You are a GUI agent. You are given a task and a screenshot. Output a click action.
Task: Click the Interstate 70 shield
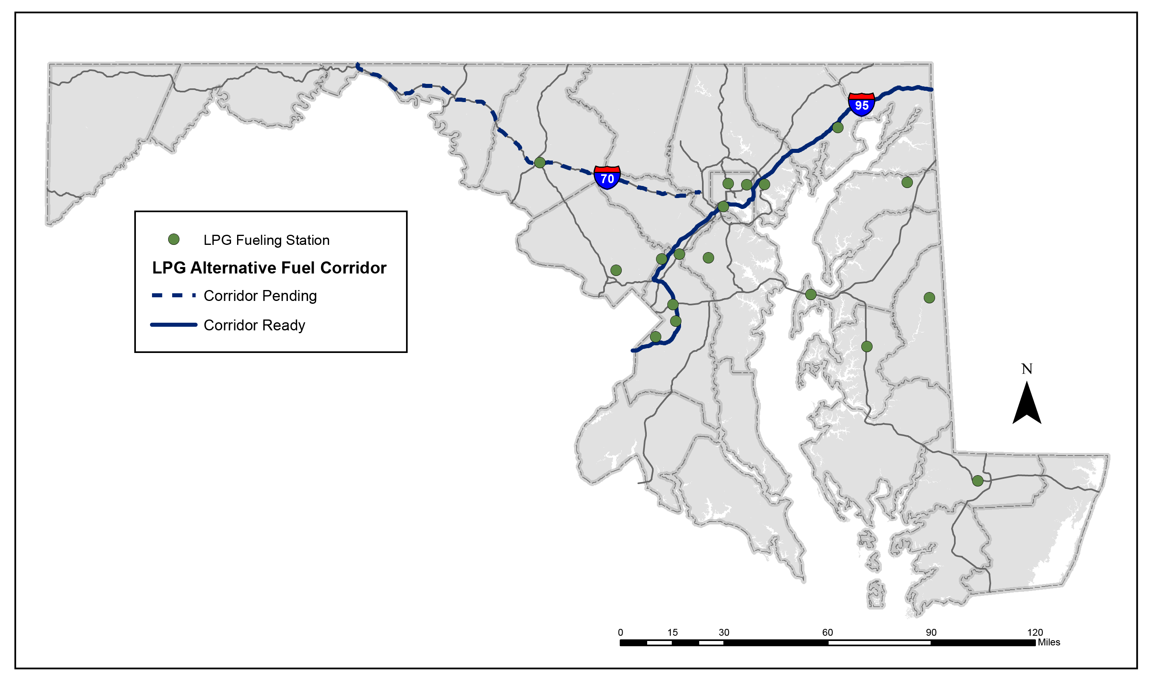[607, 177]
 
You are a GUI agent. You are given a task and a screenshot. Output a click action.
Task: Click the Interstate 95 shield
[861, 104]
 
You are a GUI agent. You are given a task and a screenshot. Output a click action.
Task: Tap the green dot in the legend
[174, 239]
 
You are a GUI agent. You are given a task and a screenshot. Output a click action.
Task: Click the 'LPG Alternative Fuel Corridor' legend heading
[269, 268]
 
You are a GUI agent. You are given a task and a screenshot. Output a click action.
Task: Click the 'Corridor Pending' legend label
[260, 296]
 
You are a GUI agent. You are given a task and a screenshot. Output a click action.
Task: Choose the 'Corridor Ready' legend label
[254, 325]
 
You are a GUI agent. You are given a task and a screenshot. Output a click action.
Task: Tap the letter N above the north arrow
[1026, 369]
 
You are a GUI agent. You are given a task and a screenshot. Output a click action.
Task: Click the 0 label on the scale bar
[620, 633]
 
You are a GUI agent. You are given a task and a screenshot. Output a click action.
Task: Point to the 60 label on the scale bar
[827, 633]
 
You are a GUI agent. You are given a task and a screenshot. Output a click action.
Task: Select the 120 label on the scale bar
[1035, 633]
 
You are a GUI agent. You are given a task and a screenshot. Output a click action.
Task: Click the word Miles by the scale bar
[1049, 642]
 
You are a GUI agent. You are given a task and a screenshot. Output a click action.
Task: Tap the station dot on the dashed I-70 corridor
[540, 163]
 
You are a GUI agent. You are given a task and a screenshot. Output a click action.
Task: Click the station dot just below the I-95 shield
[838, 127]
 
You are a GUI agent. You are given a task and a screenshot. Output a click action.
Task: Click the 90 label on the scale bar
[931, 633]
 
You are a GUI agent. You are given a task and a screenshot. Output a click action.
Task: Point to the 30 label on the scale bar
[724, 633]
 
